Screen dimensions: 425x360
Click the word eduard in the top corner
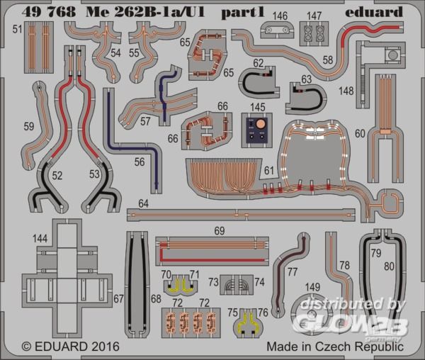point(374,12)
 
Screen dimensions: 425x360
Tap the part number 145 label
point(258,107)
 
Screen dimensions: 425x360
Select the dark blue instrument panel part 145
point(256,130)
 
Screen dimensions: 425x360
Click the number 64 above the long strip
point(143,203)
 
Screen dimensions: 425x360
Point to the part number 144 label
point(40,239)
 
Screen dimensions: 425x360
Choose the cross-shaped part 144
point(67,280)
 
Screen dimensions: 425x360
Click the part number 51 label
point(17,29)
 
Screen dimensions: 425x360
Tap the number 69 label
point(220,231)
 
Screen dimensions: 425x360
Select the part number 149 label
point(313,287)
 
